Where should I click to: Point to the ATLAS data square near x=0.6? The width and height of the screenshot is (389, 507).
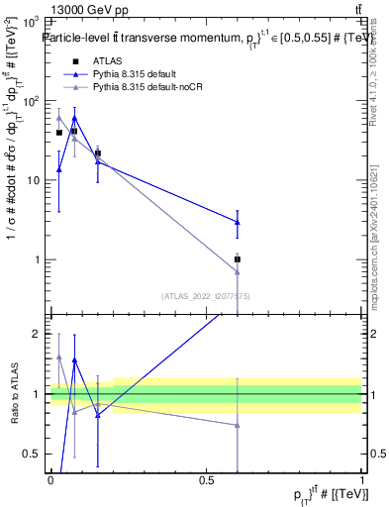[238, 259]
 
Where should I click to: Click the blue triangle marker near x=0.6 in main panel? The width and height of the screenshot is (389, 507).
[238, 222]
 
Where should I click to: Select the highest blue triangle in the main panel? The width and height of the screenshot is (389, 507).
[75, 118]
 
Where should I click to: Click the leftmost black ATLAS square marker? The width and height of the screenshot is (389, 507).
[59, 133]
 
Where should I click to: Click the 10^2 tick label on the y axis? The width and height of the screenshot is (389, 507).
[30, 101]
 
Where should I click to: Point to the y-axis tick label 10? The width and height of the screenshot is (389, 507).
[33, 180]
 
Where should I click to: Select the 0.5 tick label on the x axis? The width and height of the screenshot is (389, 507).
[206, 480]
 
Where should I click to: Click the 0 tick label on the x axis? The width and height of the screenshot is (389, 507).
[50, 480]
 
